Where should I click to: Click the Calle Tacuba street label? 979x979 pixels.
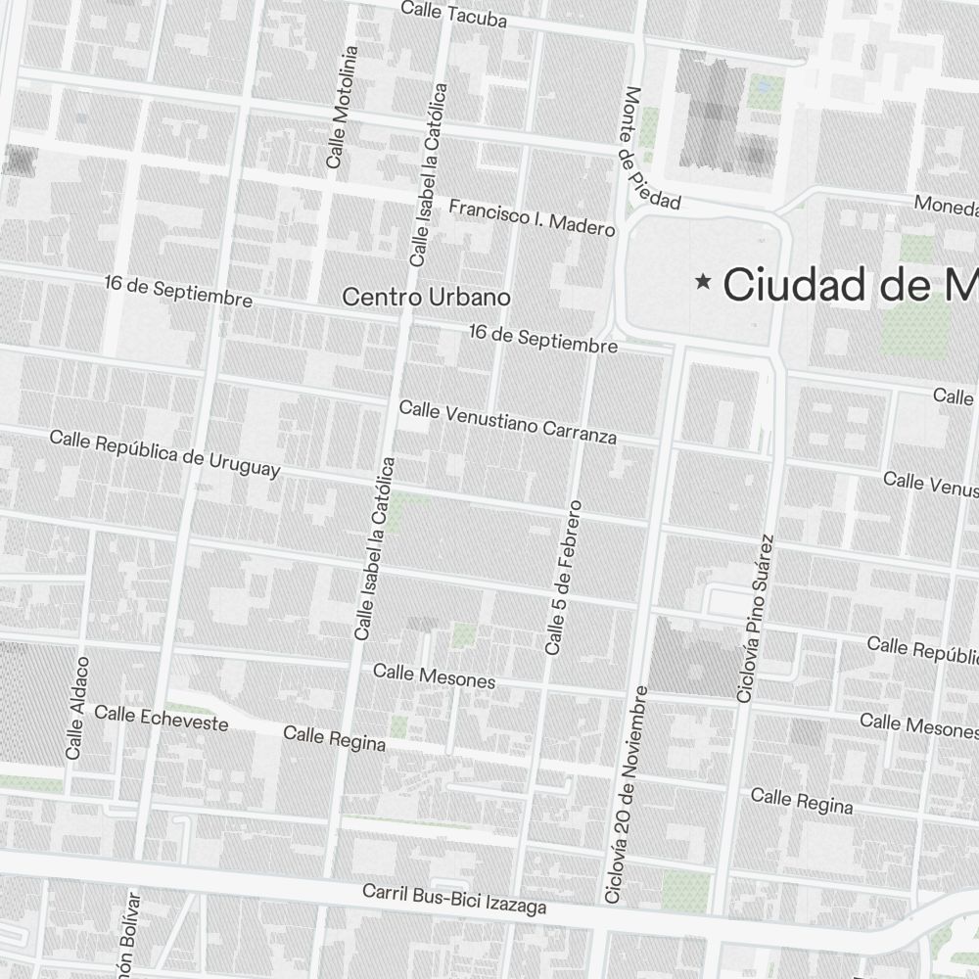453,15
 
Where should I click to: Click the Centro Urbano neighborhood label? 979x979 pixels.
426,297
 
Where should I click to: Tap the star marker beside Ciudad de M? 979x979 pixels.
702,282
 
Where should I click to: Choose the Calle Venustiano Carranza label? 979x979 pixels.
508,421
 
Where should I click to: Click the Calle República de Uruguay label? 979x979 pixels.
164,453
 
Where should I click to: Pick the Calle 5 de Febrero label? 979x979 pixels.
563,578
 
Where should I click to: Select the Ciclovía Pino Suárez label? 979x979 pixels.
755,618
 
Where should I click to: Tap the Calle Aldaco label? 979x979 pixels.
77,707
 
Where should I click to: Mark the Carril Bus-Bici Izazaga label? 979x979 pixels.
454,899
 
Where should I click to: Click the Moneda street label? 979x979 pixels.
946,206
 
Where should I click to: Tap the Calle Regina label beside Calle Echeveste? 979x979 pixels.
334,738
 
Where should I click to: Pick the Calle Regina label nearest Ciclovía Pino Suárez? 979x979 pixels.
801,800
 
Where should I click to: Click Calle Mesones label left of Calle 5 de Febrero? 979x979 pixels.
434,675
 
